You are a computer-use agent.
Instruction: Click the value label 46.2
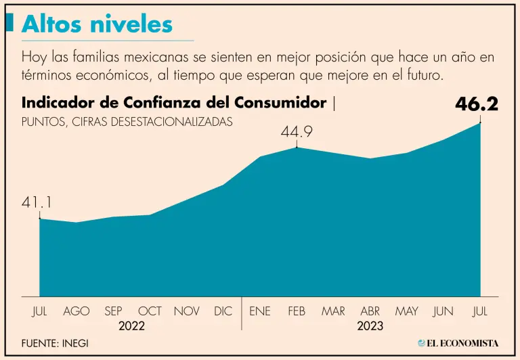coord(477,104)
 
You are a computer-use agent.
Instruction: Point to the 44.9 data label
coord(297,133)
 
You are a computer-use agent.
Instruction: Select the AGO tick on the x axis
coord(77,311)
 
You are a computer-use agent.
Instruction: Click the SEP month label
coord(113,311)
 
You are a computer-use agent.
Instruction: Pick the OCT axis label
coord(150,311)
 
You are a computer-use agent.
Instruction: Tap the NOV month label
coord(186,311)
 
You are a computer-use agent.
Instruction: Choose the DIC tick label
coord(223,311)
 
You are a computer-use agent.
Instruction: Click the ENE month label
coord(260,311)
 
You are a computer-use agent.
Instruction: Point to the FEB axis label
coord(297,311)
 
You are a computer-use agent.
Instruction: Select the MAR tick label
coord(333,311)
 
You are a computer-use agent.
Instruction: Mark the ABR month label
coord(370,311)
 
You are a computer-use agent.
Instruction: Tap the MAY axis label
coord(406,311)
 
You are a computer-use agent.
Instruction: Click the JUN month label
coord(443,311)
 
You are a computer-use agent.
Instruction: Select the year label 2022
coord(131,326)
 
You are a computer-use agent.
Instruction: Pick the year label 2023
coord(370,326)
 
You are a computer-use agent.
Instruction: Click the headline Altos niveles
coord(97,24)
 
